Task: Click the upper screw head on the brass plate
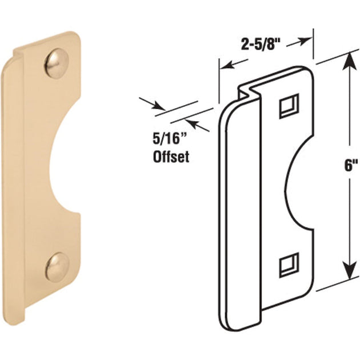tap(57, 61)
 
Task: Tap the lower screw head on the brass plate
tap(57, 266)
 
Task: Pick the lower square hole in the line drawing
tap(289, 265)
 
